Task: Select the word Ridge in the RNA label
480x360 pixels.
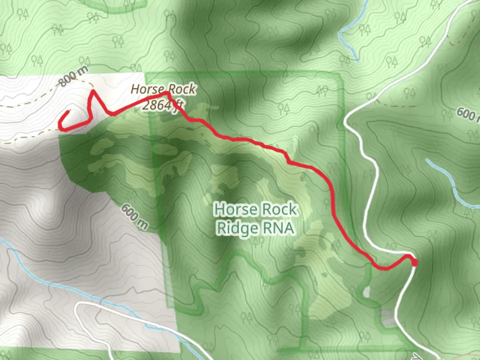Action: click(237, 228)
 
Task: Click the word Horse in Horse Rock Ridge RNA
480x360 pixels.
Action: click(236, 209)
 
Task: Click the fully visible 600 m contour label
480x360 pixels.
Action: click(134, 216)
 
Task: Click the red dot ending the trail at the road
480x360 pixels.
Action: click(414, 263)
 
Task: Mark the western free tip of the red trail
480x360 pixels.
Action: click(69, 112)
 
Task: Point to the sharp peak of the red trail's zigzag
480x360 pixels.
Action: click(93, 91)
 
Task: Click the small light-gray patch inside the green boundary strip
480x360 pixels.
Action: click(366, 292)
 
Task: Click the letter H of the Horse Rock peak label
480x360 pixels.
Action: click(135, 89)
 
